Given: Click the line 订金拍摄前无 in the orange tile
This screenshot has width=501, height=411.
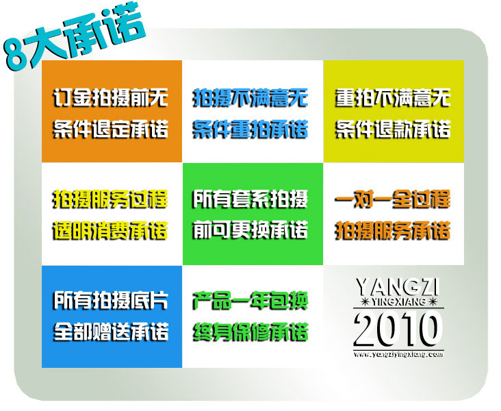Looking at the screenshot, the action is click(111, 97).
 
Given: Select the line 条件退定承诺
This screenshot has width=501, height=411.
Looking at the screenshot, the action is click(111, 129).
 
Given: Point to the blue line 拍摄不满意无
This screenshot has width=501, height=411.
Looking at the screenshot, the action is click(250, 97).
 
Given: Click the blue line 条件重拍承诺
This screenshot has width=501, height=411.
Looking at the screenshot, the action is click(250, 129).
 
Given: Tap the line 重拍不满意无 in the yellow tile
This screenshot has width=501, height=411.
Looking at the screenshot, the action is click(393, 97).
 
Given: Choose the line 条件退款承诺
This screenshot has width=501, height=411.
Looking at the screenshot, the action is click(393, 129).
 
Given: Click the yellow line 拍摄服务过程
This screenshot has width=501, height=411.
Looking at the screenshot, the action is click(111, 199).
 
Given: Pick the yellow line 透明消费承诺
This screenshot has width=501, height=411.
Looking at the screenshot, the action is click(111, 230).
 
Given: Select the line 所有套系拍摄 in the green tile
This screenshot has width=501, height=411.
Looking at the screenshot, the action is click(250, 199).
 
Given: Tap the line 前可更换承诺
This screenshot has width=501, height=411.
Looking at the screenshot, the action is click(250, 229).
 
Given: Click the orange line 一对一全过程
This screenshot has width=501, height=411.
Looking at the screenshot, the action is click(393, 199).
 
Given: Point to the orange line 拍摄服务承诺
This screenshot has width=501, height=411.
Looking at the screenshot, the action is click(393, 230).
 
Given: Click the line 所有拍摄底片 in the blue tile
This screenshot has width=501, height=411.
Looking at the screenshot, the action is click(111, 301).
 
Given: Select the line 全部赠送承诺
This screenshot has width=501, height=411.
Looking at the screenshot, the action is click(111, 332).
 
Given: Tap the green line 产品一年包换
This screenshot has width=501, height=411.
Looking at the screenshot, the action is click(250, 301).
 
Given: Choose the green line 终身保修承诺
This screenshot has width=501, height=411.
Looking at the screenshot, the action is click(250, 332).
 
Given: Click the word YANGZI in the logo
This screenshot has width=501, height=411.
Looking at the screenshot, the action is click(398, 287).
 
